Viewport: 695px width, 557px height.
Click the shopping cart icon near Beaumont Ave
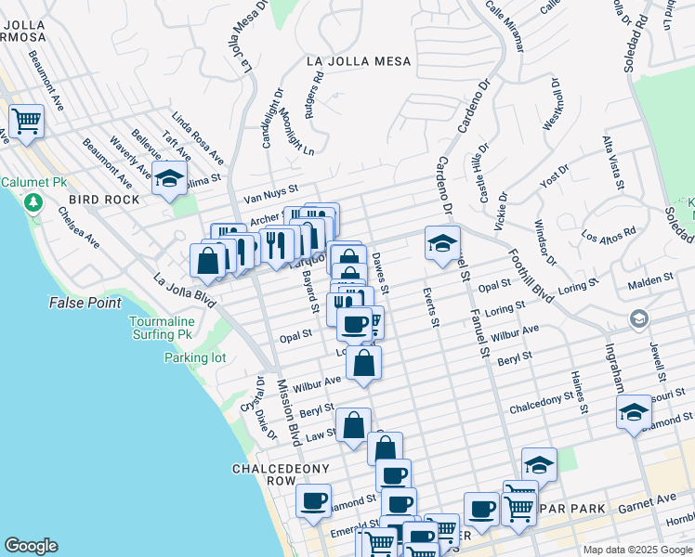pos(27,121)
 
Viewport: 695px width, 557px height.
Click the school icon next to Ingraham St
pos(634,412)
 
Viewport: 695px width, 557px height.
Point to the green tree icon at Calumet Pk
pos(34,201)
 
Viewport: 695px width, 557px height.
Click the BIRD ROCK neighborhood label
pos(103,200)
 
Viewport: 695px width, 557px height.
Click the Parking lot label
pos(195,357)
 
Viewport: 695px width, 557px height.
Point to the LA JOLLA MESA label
pos(359,62)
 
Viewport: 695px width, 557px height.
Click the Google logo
pos(31,545)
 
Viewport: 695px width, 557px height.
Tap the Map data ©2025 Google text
pos(637,550)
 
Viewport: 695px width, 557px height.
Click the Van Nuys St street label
pos(269,195)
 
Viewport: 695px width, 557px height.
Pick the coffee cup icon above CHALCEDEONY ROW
pos(313,501)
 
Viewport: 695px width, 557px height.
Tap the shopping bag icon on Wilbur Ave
pos(364,363)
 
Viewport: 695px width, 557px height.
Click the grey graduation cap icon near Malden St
pos(638,319)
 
